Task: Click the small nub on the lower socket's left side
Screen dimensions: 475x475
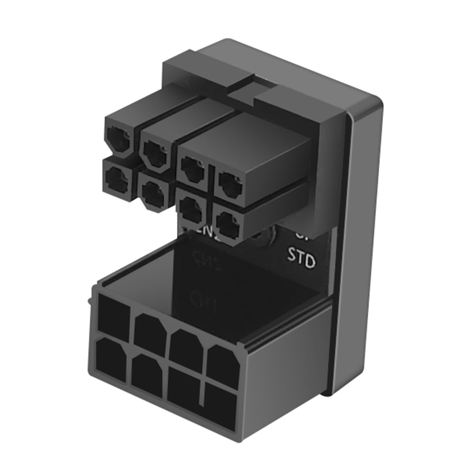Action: (90, 300)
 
